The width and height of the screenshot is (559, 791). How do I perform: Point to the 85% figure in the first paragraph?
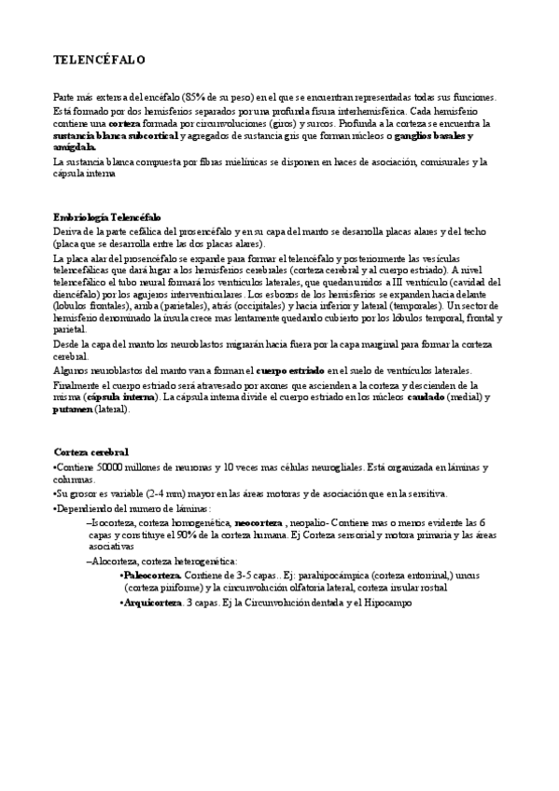coord(223,97)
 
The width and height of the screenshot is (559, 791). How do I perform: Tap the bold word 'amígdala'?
coord(75,147)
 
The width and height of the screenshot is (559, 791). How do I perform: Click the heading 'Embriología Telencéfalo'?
coord(107,215)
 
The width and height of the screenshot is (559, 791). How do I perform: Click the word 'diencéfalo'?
coord(77,292)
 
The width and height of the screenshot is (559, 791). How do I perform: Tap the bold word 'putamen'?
coord(72,409)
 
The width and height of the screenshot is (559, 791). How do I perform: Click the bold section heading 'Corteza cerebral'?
coord(91,451)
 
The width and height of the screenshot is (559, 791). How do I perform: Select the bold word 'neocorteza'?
coord(258,522)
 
